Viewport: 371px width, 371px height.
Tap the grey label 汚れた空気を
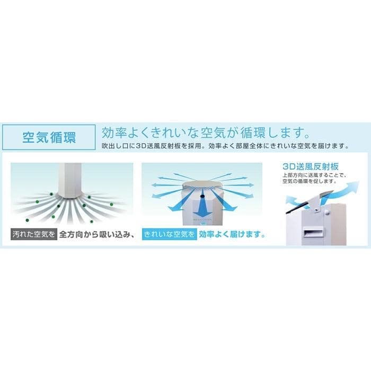(x=33, y=234)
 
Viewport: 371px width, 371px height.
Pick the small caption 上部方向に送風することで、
(x=310, y=175)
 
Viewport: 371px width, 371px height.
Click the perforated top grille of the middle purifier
(x=202, y=186)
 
